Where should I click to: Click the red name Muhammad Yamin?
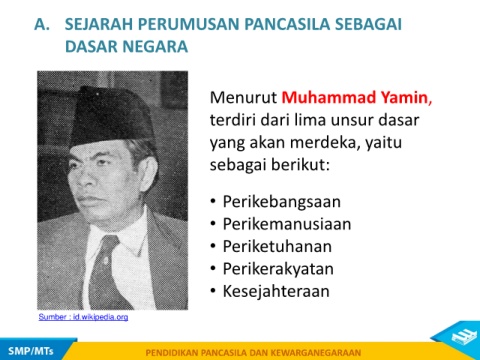point(357,98)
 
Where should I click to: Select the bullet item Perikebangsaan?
point(282,202)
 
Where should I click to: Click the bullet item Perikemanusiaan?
point(287,224)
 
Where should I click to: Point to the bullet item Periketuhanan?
point(277,246)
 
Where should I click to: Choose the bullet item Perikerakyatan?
point(278,269)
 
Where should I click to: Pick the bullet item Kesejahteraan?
point(276,291)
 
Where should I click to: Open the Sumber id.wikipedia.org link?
point(83,317)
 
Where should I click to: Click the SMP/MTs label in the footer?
point(31,351)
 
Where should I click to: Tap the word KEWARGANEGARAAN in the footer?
point(316,353)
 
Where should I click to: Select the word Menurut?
point(243,98)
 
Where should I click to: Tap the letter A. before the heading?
point(42,24)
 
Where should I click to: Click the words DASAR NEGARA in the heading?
point(126,46)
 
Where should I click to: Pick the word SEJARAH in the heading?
point(99,24)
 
